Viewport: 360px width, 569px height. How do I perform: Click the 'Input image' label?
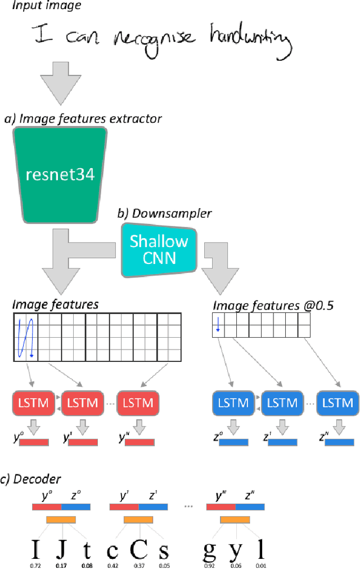47,6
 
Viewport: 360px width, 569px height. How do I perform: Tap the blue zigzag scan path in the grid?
25,338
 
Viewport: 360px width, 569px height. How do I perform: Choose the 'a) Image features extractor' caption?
83,119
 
